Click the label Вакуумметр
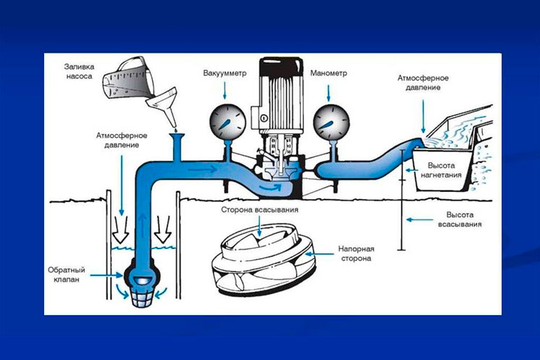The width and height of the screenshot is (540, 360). (x=224, y=73)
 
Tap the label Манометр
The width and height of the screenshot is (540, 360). (x=328, y=73)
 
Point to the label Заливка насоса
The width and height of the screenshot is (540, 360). (x=79, y=71)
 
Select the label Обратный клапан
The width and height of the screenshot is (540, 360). (x=67, y=275)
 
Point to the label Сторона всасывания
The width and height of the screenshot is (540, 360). (x=260, y=210)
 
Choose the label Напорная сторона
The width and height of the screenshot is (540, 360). (x=356, y=254)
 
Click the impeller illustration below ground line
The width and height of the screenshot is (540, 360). (x=263, y=260)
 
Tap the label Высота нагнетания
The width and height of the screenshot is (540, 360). (x=441, y=170)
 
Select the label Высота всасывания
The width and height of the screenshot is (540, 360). (x=460, y=219)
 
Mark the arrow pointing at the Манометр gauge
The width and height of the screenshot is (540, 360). (x=328, y=93)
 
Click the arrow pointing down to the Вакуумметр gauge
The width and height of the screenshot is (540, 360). (x=224, y=91)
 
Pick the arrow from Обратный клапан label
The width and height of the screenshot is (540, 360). (x=106, y=275)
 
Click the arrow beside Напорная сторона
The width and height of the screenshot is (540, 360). (x=320, y=254)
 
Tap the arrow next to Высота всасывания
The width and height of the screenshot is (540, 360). (x=419, y=219)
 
